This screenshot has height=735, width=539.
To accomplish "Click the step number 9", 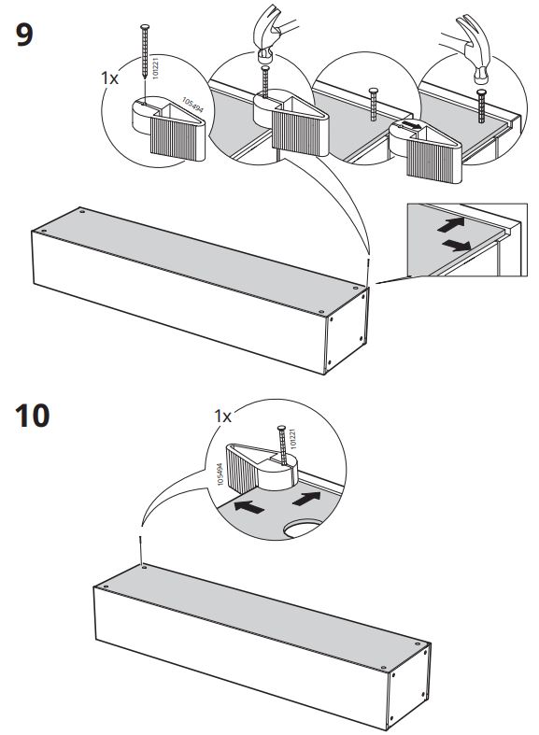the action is tap(24, 35).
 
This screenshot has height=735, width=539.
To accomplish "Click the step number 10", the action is tap(33, 416).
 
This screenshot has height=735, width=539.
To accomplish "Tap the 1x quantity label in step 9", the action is tap(109, 78).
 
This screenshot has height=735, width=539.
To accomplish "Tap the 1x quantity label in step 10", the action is tap(222, 416).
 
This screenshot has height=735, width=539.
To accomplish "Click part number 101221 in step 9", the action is tap(156, 67).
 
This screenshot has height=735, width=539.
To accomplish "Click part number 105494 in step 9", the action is tap(192, 105).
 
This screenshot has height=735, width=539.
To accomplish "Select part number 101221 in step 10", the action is tap(293, 439).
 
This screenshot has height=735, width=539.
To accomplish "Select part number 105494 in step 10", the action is tap(220, 474).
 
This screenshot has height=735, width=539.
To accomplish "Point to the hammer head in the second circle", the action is tap(265, 57).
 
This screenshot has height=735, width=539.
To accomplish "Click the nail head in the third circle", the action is tap(373, 91).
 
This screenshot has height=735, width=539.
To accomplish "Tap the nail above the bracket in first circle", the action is tap(145, 50).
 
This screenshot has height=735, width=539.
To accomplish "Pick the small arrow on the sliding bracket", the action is tap(411, 126).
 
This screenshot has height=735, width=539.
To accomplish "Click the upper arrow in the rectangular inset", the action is tap(451, 224).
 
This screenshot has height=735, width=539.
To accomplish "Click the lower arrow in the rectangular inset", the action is tap(457, 246).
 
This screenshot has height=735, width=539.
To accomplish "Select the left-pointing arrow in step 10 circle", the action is tap(248, 507).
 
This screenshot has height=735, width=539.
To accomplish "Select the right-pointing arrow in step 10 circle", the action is tap(306, 499).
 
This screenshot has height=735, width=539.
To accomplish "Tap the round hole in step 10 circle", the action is tap(304, 529).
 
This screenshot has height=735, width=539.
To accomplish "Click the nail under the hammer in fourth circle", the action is tap(481, 106).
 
